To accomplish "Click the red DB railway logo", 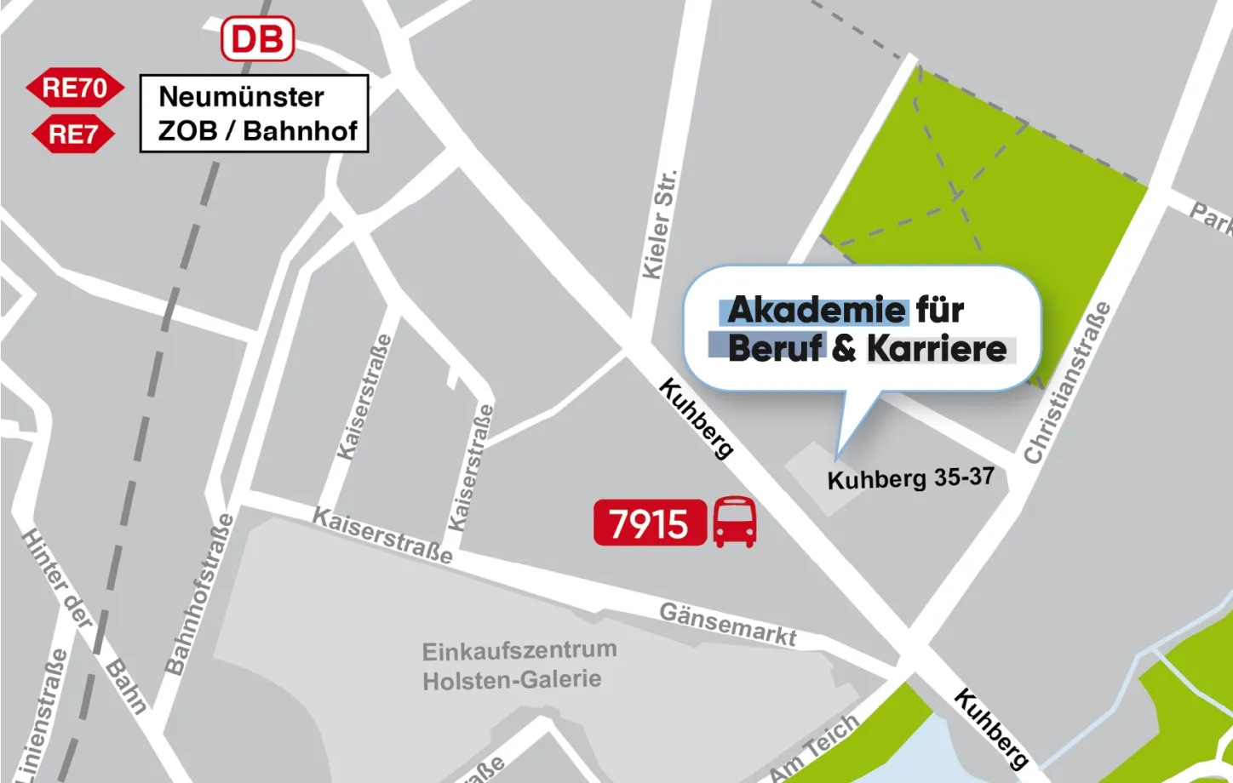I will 257,39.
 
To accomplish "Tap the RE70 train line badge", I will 75,88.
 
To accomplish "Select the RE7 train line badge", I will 73,134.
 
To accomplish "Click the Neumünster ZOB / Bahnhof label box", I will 254,114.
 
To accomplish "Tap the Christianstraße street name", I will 1068,383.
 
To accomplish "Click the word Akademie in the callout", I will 817,311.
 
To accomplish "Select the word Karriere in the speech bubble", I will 937,349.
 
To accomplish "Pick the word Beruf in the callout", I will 775,349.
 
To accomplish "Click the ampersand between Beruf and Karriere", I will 844,349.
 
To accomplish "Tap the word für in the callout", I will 940,311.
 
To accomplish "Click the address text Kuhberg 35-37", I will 910,478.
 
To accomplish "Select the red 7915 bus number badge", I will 649,523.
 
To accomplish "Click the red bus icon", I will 734,522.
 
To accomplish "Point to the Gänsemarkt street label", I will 728,625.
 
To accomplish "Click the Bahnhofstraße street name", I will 198,594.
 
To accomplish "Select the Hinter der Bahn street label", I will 83,619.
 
